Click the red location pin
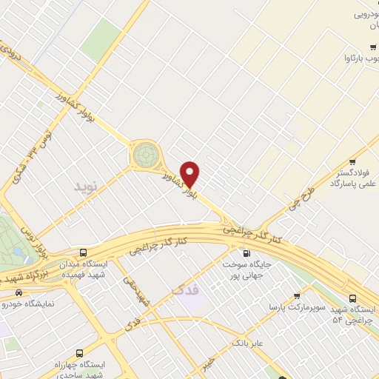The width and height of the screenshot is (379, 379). coord(191,173)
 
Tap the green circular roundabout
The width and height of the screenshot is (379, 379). coord(146,155)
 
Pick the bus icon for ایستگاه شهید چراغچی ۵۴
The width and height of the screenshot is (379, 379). coord(352,295)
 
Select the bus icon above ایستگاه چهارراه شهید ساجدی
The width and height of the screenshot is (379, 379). coord(79,353)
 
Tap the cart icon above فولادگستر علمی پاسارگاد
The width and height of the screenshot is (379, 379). coord(353,161)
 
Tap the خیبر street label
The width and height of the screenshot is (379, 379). coord(210,363)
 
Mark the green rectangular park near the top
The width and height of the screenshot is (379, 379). coord(101,40)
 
